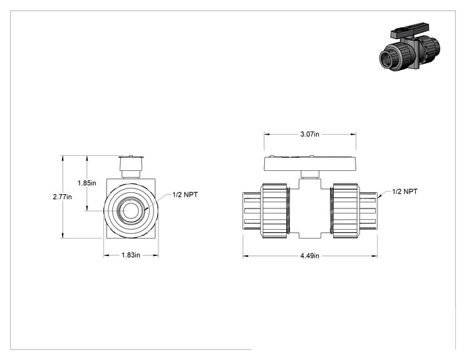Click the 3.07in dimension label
(x=309, y=134)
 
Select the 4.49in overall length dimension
(x=309, y=255)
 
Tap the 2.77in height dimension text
(x=63, y=197)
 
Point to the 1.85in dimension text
(x=87, y=183)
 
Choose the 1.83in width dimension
(x=131, y=255)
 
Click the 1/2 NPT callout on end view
(x=185, y=195)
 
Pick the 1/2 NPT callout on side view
(x=405, y=192)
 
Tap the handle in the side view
(x=310, y=163)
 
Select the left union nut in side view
(x=274, y=210)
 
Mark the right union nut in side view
(x=346, y=210)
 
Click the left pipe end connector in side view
(x=252, y=211)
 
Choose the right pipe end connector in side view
(x=368, y=211)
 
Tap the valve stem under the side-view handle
(x=310, y=174)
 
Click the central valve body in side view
(x=310, y=208)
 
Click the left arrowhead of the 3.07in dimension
(x=267, y=134)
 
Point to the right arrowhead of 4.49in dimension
(x=375, y=255)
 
